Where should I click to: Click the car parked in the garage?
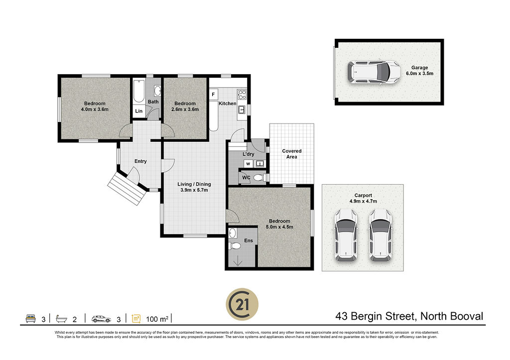[x=374, y=72]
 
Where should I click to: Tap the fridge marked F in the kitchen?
[x=213, y=95]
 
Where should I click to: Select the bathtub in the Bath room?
[x=138, y=91]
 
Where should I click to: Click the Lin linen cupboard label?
[x=139, y=111]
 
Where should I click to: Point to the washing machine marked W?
[x=248, y=164]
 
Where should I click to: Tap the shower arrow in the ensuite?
[x=238, y=260]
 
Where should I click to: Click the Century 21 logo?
[x=243, y=304]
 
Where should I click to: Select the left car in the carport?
[x=346, y=235]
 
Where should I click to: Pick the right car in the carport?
[x=381, y=235]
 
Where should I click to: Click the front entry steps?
[x=127, y=188]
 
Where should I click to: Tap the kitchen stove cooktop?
[x=242, y=95]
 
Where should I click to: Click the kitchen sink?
[x=242, y=110]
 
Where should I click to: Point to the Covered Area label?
[x=292, y=154]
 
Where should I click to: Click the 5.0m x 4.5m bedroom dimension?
[x=279, y=227]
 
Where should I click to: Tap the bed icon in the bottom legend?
[x=31, y=318]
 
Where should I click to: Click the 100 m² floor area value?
[x=157, y=319]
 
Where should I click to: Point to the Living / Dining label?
[x=194, y=184]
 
